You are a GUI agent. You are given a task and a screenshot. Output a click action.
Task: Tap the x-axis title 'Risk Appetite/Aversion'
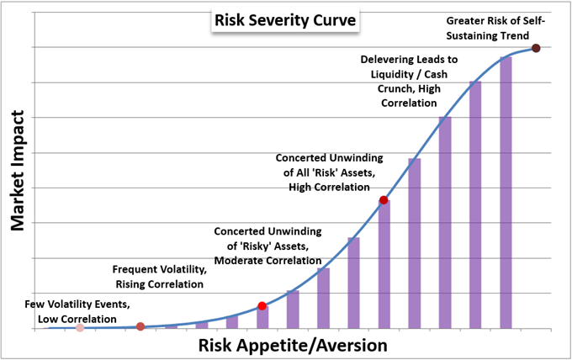(293, 345)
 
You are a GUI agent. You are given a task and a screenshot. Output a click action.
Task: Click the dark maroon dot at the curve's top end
(536, 48)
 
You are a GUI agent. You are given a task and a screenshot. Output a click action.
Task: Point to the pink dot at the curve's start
(80, 327)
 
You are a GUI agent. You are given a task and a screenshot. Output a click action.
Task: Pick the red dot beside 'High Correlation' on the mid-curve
(384, 200)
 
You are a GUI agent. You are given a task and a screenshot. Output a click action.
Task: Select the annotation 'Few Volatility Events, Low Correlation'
(66, 312)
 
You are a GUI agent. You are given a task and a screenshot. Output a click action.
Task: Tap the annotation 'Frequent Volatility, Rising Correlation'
(160, 277)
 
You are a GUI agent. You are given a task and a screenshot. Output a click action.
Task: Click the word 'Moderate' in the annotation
(243, 261)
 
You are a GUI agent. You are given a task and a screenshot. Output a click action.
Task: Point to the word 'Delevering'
(391, 61)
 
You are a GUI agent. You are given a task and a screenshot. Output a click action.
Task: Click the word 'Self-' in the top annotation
(548, 19)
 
